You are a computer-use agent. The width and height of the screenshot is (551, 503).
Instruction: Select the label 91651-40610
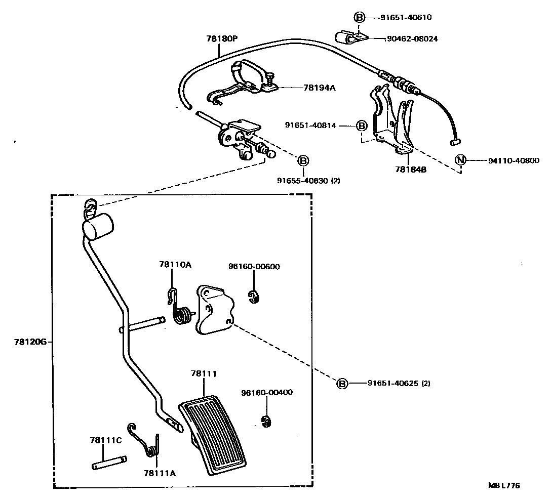coord(406,17)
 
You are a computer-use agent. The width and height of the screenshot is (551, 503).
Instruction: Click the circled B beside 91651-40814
coord(361,125)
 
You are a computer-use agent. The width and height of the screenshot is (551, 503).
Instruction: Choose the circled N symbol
coord(460,160)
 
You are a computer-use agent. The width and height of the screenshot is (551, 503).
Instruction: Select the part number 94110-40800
coord(514,160)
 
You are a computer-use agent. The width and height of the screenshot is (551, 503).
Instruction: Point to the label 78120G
coord(30,342)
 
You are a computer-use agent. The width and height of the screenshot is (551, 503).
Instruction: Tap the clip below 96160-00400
coord(265,421)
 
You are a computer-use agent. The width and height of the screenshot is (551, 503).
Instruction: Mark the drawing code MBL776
coord(504,485)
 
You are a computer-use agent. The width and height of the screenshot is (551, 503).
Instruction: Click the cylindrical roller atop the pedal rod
coord(98,225)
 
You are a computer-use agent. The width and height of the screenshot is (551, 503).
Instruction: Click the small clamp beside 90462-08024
coord(347,37)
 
